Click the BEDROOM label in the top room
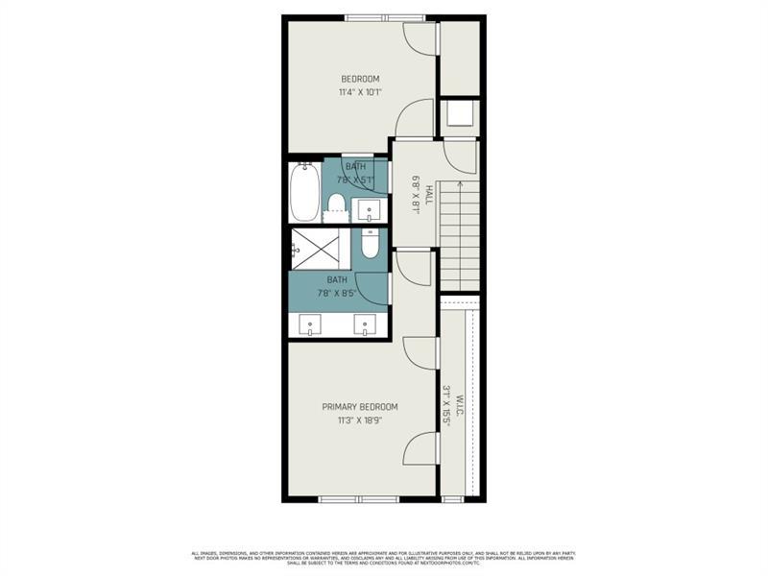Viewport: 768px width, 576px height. tap(361, 79)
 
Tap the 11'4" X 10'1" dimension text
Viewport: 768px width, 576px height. tap(361, 93)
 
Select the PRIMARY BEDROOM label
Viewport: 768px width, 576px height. tap(360, 407)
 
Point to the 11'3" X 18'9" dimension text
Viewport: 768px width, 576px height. tap(360, 420)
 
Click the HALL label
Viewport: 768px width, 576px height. tap(428, 195)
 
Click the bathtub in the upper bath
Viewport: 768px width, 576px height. tap(304, 192)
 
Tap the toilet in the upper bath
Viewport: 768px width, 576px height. tap(336, 203)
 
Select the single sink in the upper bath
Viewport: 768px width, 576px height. tap(368, 208)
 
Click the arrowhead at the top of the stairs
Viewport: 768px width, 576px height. tap(460, 183)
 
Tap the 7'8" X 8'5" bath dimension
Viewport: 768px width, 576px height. tap(337, 294)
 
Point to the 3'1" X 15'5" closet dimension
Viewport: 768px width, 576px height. tap(446, 406)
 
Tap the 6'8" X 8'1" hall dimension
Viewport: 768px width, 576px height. tap(416, 195)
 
